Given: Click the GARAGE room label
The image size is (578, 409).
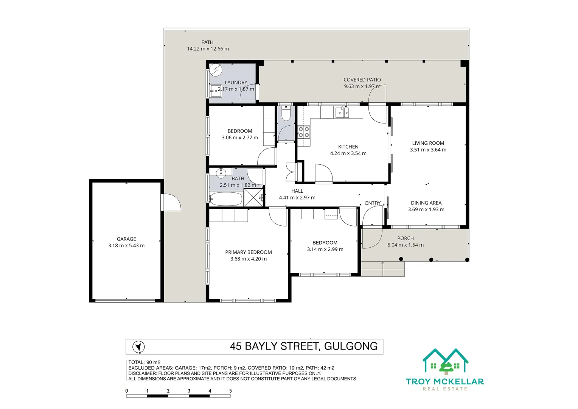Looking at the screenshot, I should (x=126, y=239).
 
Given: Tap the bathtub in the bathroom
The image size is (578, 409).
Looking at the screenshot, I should (x=226, y=199).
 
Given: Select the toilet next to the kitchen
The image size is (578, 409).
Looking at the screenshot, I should (x=286, y=114).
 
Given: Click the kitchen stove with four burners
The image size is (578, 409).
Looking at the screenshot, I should (x=304, y=132).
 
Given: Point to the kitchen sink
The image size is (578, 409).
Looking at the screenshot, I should (x=342, y=112).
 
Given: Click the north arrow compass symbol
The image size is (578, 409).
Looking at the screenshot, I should (x=138, y=347).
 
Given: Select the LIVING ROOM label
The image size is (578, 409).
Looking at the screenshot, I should (x=428, y=143).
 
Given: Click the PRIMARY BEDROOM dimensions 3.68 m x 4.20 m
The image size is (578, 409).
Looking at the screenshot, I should (x=248, y=259).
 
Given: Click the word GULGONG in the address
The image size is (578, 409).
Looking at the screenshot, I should (x=351, y=346).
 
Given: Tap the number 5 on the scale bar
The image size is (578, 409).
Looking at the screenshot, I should (x=230, y=391).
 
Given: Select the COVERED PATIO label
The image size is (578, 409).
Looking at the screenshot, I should (x=362, y=80).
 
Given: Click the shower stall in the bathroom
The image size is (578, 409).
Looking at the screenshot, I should (x=253, y=197).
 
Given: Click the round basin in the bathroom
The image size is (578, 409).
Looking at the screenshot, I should (x=221, y=173).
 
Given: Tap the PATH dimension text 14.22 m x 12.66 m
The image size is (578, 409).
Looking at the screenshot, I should (x=208, y=49).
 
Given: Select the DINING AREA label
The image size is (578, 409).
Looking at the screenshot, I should (x=426, y=203).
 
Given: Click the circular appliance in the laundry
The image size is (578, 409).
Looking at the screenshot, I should (x=216, y=70).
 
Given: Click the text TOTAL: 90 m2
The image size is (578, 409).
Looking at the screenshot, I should (x=144, y=362).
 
